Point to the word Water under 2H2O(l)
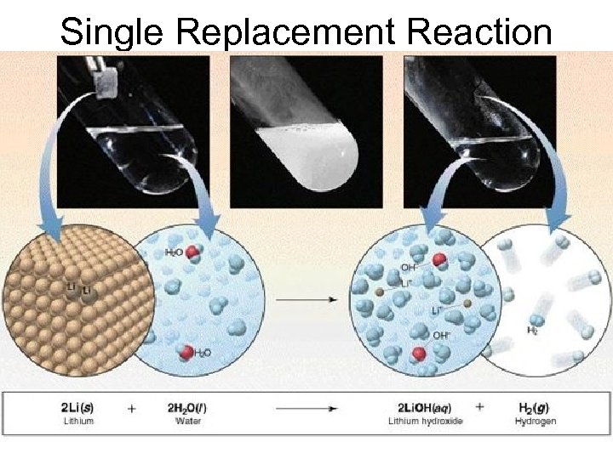187,421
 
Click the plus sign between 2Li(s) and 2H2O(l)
132,408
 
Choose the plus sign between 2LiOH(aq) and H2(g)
480,407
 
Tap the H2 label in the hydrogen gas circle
533,330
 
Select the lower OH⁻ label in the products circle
440,335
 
